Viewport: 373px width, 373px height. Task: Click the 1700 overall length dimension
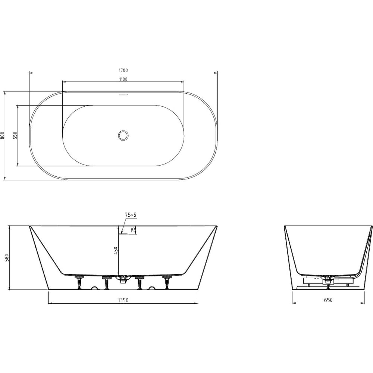(x=123, y=70)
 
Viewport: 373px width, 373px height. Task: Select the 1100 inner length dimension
(x=123, y=79)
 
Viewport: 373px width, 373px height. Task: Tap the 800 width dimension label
(x=2, y=136)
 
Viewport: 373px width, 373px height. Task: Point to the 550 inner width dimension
(x=15, y=136)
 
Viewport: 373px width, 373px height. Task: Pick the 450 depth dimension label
(x=116, y=251)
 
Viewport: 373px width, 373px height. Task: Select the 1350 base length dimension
(x=123, y=300)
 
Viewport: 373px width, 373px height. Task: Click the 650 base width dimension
(x=328, y=300)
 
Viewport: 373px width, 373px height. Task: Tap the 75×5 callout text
(x=131, y=215)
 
